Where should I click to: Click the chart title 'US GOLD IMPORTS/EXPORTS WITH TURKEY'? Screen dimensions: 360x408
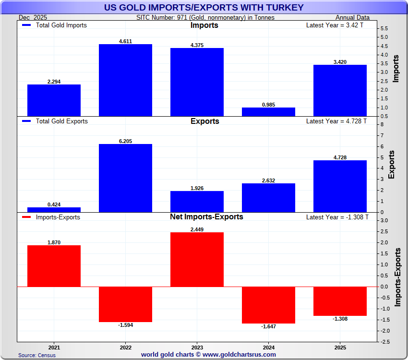click(x=204, y=7)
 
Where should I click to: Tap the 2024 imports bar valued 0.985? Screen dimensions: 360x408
click(x=268, y=111)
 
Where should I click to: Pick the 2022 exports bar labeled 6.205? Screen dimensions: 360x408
click(x=125, y=178)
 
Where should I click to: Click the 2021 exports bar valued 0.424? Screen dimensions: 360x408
click(x=54, y=209)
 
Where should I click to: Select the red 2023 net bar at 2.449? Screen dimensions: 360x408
click(x=197, y=259)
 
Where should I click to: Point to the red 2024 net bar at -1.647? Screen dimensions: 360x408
click(x=268, y=305)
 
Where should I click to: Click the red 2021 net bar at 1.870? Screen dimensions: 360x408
click(x=54, y=266)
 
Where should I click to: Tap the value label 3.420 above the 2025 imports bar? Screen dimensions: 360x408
click(x=340, y=61)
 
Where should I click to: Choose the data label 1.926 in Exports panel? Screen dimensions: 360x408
click(x=197, y=188)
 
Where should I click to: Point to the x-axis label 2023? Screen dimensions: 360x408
click(x=197, y=347)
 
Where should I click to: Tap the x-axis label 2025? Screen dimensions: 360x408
click(x=340, y=347)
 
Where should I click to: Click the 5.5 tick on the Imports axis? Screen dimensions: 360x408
click(x=384, y=29)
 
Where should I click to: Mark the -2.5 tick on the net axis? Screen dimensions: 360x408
click(x=385, y=342)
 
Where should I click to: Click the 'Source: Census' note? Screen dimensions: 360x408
click(x=37, y=355)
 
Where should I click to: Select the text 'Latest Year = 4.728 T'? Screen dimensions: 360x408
click(x=336, y=121)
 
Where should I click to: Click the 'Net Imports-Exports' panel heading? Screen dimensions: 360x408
click(x=206, y=217)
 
